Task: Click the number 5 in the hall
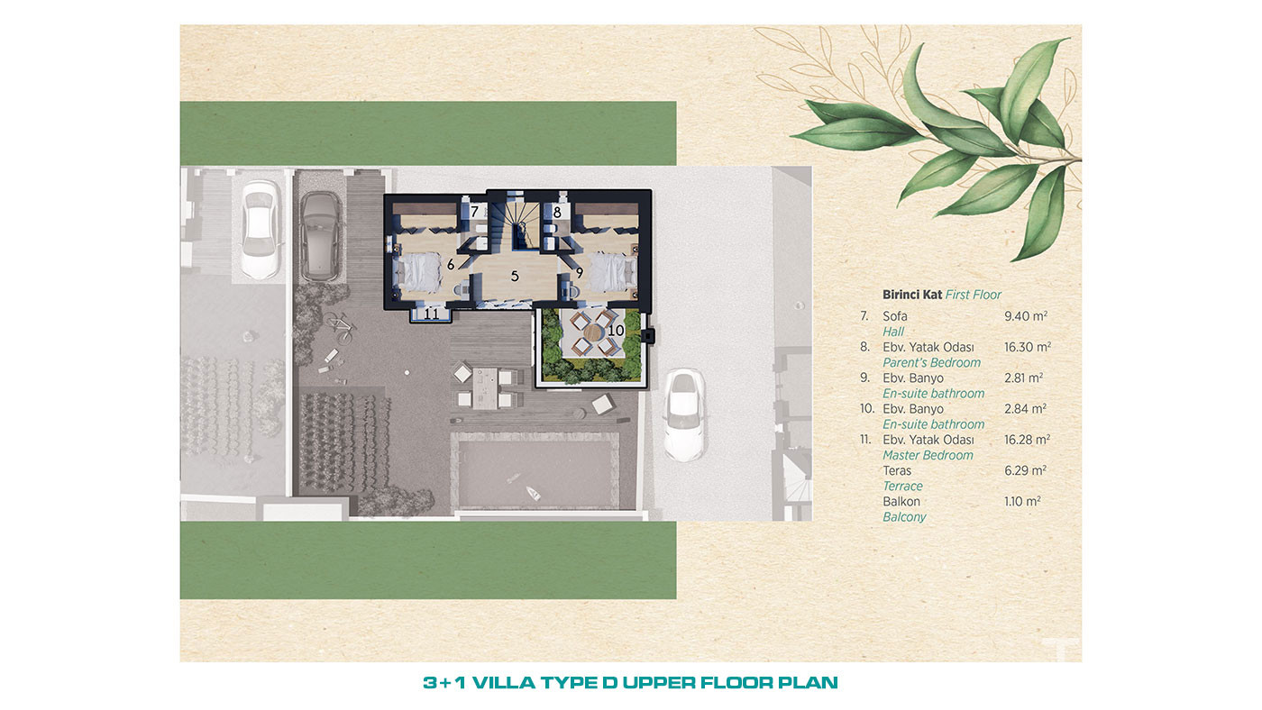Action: tap(515, 277)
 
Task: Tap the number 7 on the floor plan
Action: tap(474, 212)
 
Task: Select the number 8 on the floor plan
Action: tap(557, 213)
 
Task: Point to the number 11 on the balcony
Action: tap(431, 314)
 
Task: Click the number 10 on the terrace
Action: tap(616, 330)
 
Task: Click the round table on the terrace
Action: tap(593, 332)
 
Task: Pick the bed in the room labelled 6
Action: tap(419, 272)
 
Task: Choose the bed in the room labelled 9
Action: tap(613, 272)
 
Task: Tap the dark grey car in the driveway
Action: tap(321, 236)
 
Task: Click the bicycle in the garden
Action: tap(340, 328)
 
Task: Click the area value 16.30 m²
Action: tap(1027, 347)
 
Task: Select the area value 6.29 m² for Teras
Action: tap(1026, 470)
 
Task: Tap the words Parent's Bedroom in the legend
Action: tap(931, 362)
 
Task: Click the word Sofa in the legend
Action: tap(894, 316)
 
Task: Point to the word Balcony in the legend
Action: tap(904, 517)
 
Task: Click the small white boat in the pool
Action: tap(533, 493)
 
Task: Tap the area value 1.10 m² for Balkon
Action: tap(1022, 501)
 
